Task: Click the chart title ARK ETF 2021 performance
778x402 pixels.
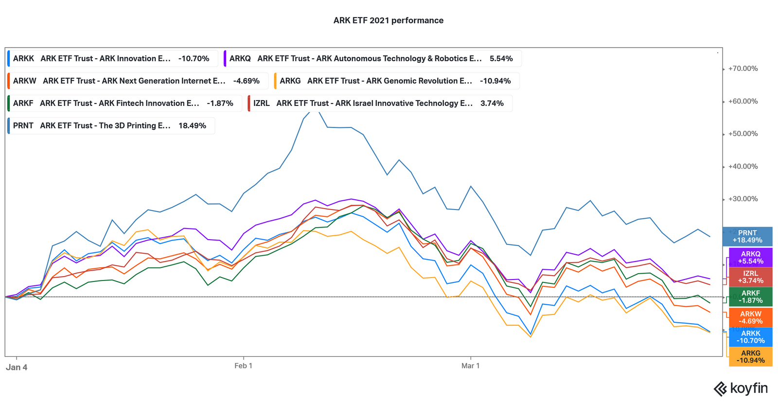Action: pyautogui.click(x=388, y=20)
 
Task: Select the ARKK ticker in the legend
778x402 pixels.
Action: pyautogui.click(x=23, y=58)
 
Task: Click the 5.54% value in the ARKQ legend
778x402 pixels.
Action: pyautogui.click(x=501, y=58)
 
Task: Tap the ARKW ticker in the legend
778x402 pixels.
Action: pyautogui.click(x=24, y=81)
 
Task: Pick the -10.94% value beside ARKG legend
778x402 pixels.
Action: pyautogui.click(x=495, y=81)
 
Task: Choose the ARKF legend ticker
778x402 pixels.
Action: pyautogui.click(x=23, y=103)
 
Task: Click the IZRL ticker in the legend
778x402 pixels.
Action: pyautogui.click(x=261, y=103)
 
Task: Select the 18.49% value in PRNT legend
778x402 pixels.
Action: pyautogui.click(x=192, y=125)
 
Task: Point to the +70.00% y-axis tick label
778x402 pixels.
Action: pyautogui.click(x=743, y=69)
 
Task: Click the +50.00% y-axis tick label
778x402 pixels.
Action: pyautogui.click(x=743, y=134)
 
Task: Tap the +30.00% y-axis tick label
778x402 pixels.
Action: pyautogui.click(x=743, y=199)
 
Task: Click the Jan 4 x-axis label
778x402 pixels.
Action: pyautogui.click(x=17, y=367)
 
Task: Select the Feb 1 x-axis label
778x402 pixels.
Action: pyautogui.click(x=243, y=366)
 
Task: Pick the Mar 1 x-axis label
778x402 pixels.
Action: pyautogui.click(x=470, y=366)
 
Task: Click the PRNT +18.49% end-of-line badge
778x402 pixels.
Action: pyautogui.click(x=747, y=237)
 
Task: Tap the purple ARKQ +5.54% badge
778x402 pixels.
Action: pyautogui.click(x=750, y=258)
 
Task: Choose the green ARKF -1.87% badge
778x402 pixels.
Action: pyautogui.click(x=750, y=297)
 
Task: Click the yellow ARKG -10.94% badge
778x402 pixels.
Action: pyautogui.click(x=750, y=357)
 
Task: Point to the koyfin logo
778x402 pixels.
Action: pyautogui.click(x=741, y=388)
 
